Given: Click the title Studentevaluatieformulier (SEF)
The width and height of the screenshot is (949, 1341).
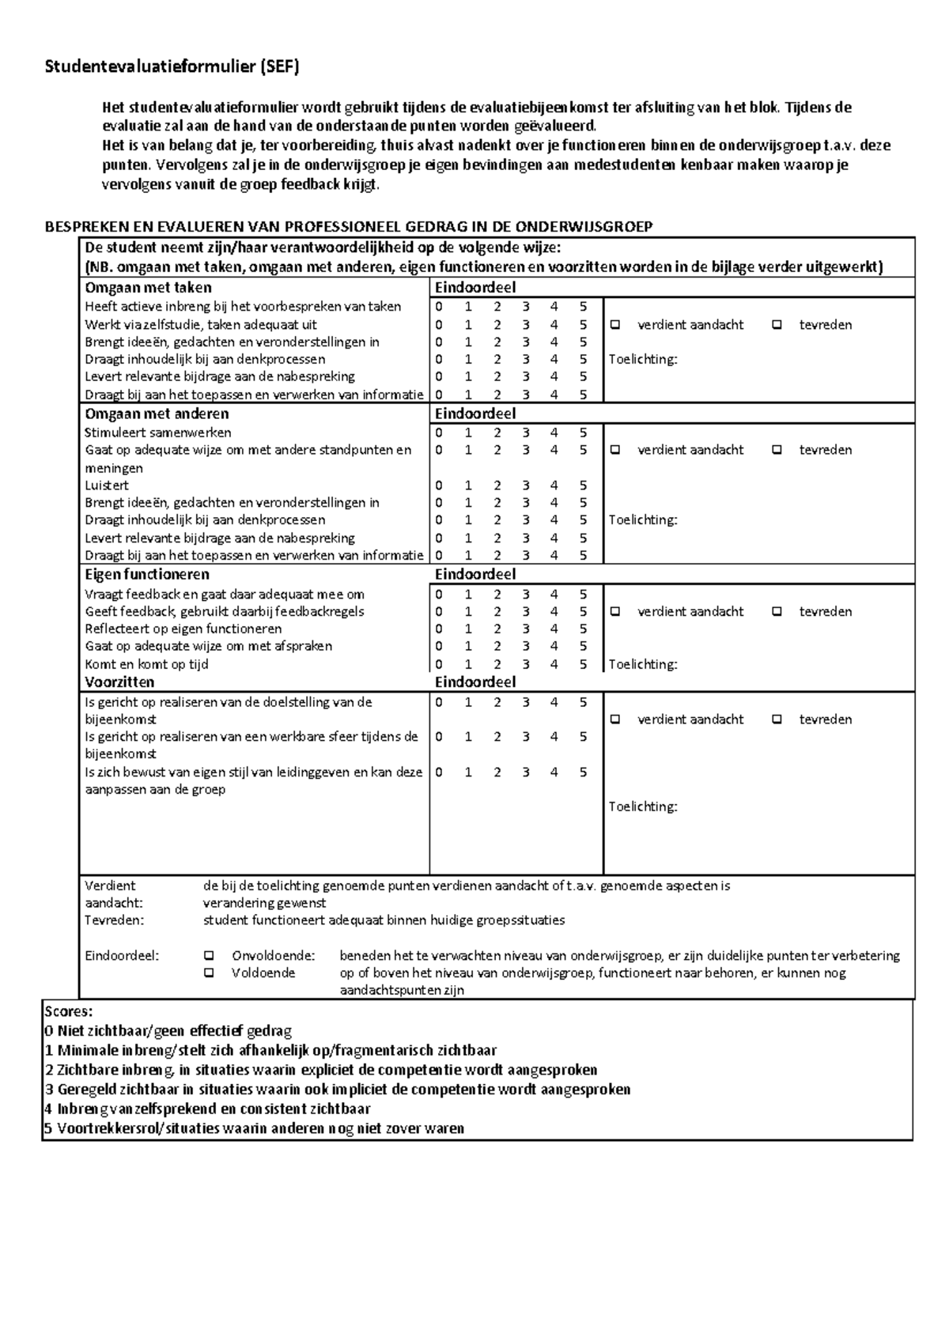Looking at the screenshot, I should pyautogui.click(x=172, y=68).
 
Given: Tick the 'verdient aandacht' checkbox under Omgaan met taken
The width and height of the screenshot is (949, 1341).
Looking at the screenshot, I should pyautogui.click(x=616, y=325).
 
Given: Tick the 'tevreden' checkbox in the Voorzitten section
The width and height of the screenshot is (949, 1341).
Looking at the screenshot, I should pyautogui.click(x=777, y=720).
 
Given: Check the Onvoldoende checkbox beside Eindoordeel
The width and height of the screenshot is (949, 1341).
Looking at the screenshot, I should pyautogui.click(x=209, y=955).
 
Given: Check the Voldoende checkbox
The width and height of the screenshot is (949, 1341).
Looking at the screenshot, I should pyautogui.click(x=209, y=973).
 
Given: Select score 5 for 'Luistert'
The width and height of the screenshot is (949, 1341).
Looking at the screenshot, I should pyautogui.click(x=583, y=485).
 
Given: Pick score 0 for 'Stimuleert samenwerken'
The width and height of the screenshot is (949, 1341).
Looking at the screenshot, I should pyautogui.click(x=439, y=433).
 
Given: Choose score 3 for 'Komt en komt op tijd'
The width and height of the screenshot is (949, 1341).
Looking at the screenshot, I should pyautogui.click(x=526, y=664).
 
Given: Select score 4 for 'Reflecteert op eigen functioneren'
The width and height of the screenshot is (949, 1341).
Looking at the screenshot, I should pyautogui.click(x=554, y=629).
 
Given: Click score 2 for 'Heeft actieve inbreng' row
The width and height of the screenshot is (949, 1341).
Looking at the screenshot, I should pyautogui.click(x=497, y=307).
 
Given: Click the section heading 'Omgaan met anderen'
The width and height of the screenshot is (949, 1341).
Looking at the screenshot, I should pyautogui.click(x=157, y=414).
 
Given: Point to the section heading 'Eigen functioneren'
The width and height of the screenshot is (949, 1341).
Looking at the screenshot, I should pyautogui.click(x=147, y=575).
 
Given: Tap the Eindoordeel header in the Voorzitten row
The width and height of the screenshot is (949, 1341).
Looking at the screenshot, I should pyautogui.click(x=475, y=682).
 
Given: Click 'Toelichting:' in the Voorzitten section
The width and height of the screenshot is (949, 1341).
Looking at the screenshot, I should pyautogui.click(x=643, y=806).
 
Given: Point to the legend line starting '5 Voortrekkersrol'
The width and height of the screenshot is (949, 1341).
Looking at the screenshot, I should pyautogui.click(x=254, y=1128).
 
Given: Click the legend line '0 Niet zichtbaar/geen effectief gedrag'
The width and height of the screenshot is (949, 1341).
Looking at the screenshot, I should pyautogui.click(x=168, y=1031).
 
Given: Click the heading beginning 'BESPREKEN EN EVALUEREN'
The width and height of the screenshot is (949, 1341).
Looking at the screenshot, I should pyautogui.click(x=348, y=227).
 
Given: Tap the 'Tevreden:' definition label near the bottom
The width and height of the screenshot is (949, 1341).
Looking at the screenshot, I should pyautogui.click(x=115, y=920).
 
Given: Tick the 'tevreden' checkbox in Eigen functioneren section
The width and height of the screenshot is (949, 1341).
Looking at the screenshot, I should pyautogui.click(x=777, y=611).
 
